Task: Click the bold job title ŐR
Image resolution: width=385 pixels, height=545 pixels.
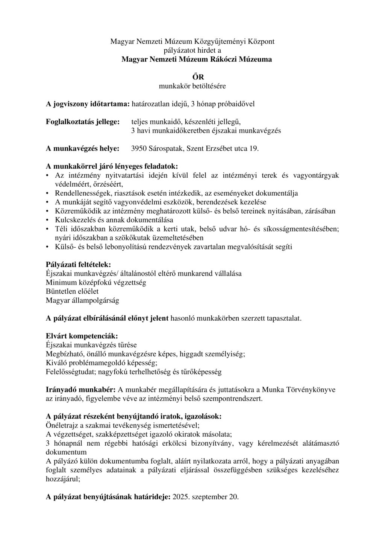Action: click(192, 77)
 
